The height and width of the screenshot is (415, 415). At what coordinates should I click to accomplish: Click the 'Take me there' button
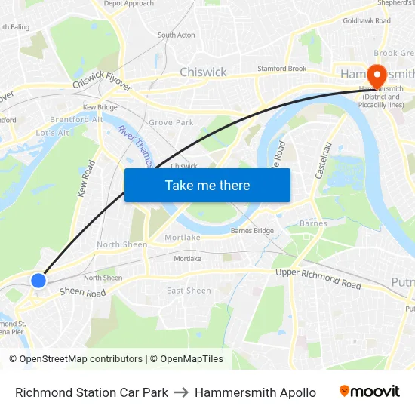(207, 185)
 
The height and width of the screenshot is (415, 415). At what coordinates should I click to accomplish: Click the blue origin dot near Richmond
(38, 280)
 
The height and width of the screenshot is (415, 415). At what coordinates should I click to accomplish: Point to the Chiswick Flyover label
(102, 81)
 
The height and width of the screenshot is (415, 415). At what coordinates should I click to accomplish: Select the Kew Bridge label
(100, 108)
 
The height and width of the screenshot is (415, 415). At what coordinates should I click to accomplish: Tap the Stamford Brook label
(282, 69)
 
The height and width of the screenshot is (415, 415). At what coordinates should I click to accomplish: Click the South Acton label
(176, 35)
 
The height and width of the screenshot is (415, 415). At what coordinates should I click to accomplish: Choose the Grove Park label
(171, 122)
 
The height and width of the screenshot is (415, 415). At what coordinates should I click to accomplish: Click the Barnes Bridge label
(252, 231)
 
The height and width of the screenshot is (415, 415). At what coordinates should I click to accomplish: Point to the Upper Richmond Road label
(318, 278)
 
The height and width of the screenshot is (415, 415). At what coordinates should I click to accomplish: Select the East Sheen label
(189, 290)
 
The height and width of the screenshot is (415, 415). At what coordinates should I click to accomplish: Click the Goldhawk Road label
(367, 21)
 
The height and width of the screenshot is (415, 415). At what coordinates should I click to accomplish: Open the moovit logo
(370, 392)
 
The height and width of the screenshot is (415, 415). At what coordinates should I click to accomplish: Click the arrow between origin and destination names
(181, 392)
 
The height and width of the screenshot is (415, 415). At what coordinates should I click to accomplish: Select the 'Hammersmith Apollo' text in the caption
(255, 392)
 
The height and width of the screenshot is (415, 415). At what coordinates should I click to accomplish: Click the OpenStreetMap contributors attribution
(80, 359)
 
